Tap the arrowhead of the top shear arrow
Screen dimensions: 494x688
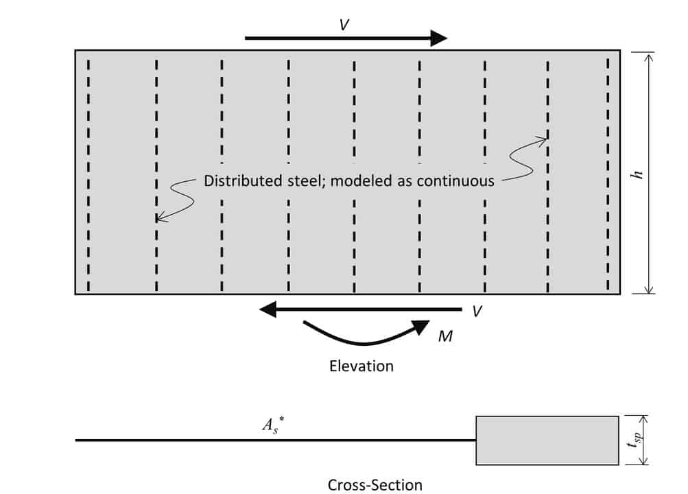[x=438, y=38]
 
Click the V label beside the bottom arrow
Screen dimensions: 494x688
[x=477, y=312]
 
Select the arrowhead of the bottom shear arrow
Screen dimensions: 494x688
[x=268, y=309]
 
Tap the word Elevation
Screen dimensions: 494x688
[x=361, y=366]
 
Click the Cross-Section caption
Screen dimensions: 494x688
[x=375, y=484]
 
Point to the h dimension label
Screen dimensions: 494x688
[x=637, y=175]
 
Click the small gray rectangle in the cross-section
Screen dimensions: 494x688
[x=547, y=440]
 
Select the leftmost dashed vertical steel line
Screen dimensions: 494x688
[x=89, y=175]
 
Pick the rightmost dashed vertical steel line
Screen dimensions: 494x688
[x=608, y=175]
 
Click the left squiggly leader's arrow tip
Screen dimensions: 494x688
[x=158, y=220]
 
